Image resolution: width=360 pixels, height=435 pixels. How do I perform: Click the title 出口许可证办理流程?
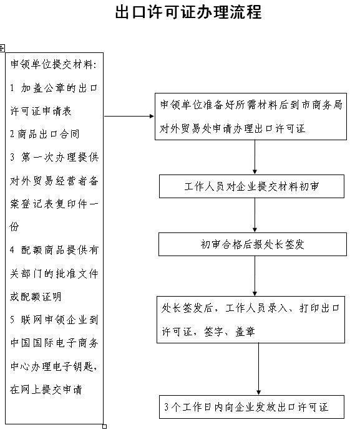tap(188, 12)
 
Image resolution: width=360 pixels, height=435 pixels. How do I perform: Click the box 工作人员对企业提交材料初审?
tap(251, 186)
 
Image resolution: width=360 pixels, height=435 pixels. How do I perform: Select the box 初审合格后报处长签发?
tap(253, 244)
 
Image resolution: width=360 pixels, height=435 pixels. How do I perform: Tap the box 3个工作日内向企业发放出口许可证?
tap(251, 407)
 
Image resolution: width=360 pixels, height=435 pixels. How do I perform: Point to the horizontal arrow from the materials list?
tap(129, 116)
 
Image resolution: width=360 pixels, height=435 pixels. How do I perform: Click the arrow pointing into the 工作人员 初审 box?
tap(255, 157)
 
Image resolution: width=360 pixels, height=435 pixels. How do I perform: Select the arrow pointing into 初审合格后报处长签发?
tap(255, 215)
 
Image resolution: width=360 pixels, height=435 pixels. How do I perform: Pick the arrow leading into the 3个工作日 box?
tap(258, 369)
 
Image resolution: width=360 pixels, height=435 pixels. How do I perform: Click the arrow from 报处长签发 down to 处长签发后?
tap(255, 276)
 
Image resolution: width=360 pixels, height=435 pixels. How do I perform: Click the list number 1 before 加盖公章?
tap(12, 88)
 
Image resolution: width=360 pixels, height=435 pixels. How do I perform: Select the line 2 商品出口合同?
tap(45, 134)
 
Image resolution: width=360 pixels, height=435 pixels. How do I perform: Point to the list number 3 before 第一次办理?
tap(12, 157)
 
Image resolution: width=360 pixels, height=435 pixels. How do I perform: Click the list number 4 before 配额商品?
tap(12, 250)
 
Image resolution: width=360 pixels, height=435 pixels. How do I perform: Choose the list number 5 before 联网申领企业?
tap(12, 320)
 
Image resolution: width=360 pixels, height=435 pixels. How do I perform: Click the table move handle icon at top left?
tap(2, 48)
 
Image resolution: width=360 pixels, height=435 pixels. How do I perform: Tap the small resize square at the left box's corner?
tap(104, 426)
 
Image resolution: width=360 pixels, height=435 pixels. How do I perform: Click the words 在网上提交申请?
tap(46, 390)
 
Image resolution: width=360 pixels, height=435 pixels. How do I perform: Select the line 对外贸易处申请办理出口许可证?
tap(233, 128)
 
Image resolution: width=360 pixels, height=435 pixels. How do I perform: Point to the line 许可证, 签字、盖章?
tap(208, 332)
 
